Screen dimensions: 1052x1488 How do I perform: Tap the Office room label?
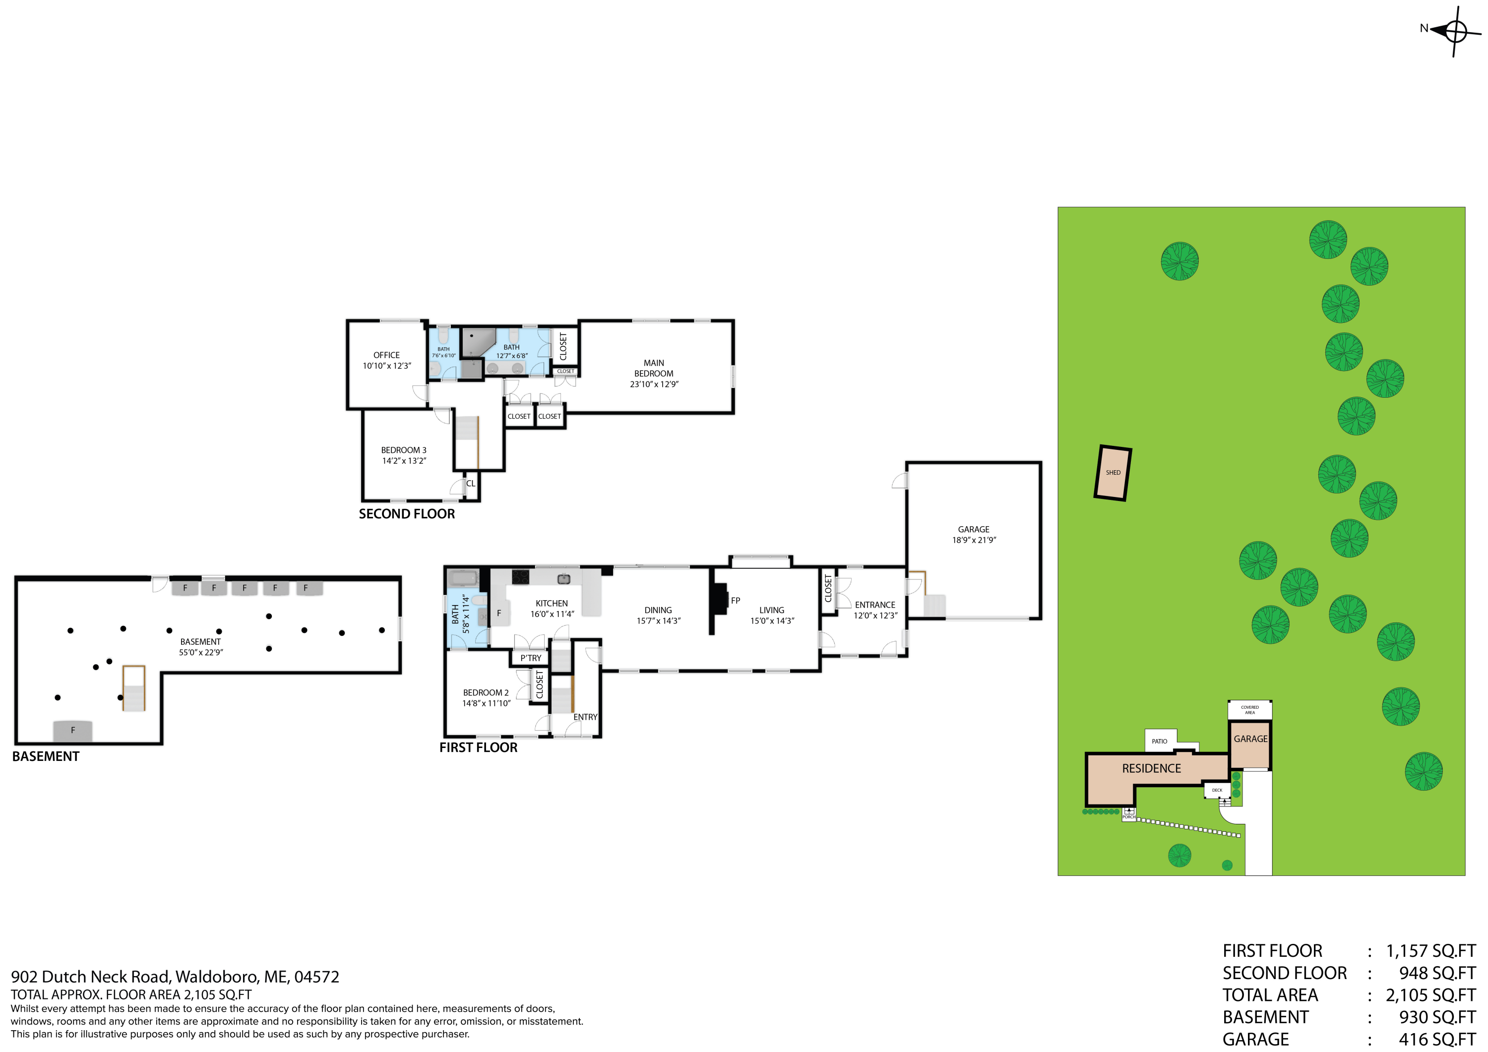click(386, 355)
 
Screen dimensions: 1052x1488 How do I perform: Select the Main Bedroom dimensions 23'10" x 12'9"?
click(654, 384)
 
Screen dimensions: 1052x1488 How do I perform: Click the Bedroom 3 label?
click(403, 450)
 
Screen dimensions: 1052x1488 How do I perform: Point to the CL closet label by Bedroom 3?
click(471, 484)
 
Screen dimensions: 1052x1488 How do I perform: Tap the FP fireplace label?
click(735, 601)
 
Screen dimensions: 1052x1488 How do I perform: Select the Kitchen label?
click(552, 604)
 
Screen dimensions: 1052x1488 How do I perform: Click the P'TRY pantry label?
click(530, 658)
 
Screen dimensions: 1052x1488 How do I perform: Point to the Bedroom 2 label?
click(486, 692)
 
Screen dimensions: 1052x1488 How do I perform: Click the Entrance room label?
click(874, 605)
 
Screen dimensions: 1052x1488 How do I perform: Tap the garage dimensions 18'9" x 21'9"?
click(974, 540)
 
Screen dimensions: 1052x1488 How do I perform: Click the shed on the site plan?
click(1112, 473)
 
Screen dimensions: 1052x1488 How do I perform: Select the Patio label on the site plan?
click(1160, 741)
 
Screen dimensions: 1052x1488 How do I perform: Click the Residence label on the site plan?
click(1151, 769)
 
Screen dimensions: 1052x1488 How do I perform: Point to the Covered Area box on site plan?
click(1249, 710)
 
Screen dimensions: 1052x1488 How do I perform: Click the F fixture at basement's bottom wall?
click(72, 731)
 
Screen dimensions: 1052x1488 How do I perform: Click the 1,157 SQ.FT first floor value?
click(1429, 951)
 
